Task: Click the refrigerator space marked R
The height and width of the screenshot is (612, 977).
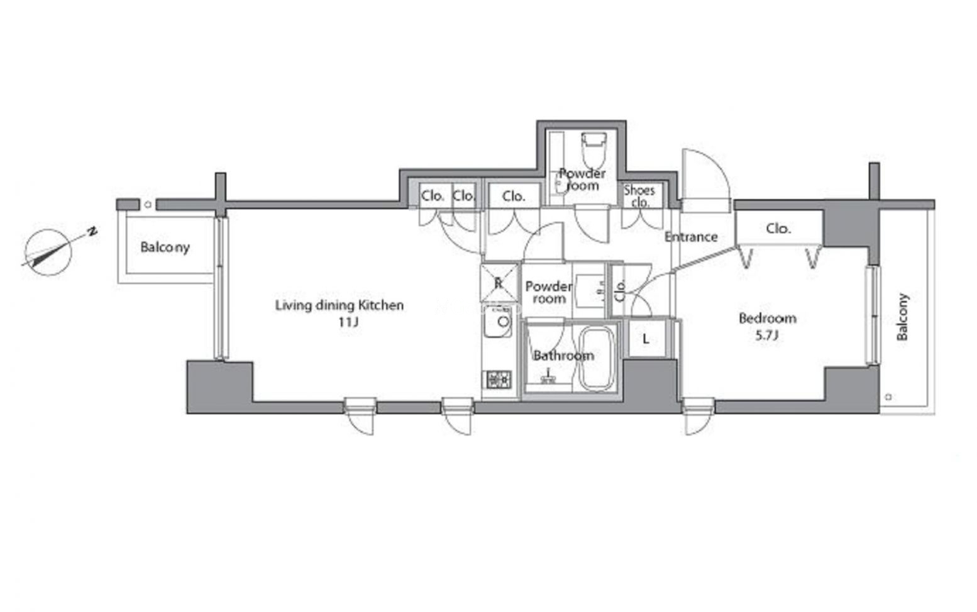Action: click(499, 283)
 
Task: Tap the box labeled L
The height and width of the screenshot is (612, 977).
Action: click(646, 339)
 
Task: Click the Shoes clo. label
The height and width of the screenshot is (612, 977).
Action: click(640, 196)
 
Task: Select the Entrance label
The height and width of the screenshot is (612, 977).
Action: click(691, 237)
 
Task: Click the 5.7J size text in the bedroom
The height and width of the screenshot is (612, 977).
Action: click(767, 335)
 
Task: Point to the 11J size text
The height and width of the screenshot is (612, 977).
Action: click(348, 322)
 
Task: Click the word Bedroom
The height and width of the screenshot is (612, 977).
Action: click(768, 318)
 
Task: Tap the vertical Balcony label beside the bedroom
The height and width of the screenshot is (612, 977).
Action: click(902, 317)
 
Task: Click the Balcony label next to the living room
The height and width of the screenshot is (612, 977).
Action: click(165, 248)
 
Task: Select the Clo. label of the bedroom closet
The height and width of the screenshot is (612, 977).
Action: click(778, 228)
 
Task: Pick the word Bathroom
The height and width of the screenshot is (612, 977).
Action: click(563, 356)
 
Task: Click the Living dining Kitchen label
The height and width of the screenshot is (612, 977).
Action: click(339, 305)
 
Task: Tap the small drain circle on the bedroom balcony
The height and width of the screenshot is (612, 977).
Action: click(888, 396)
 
